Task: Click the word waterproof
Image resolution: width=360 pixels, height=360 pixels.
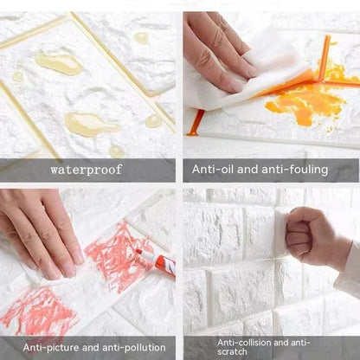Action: click(x=87, y=170)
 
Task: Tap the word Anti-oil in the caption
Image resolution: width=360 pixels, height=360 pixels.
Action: click(x=212, y=170)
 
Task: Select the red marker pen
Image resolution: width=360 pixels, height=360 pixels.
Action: click(x=156, y=260)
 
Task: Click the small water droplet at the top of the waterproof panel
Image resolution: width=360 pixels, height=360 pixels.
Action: click(x=140, y=37)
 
